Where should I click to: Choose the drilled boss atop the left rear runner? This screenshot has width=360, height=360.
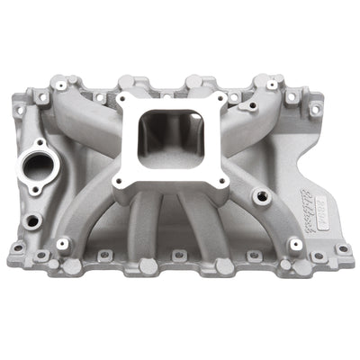(95, 83)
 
